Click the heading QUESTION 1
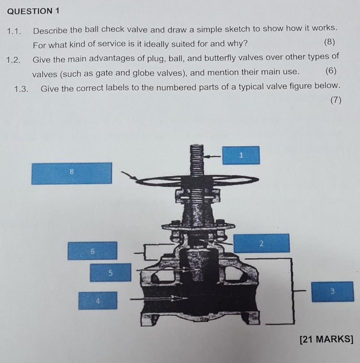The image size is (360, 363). (x=33, y=11)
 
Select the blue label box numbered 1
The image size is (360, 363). (x=241, y=155)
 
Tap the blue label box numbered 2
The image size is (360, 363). (x=262, y=243)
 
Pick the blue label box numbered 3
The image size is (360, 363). (x=332, y=291)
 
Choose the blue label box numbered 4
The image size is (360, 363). (x=98, y=301)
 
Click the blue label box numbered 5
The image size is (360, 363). (x=110, y=273)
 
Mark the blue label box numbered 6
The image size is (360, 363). (x=92, y=251)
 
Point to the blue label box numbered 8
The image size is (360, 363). (x=71, y=173)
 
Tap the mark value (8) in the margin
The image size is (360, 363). (x=330, y=42)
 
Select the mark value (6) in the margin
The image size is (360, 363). (x=330, y=71)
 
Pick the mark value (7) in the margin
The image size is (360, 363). (x=335, y=100)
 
